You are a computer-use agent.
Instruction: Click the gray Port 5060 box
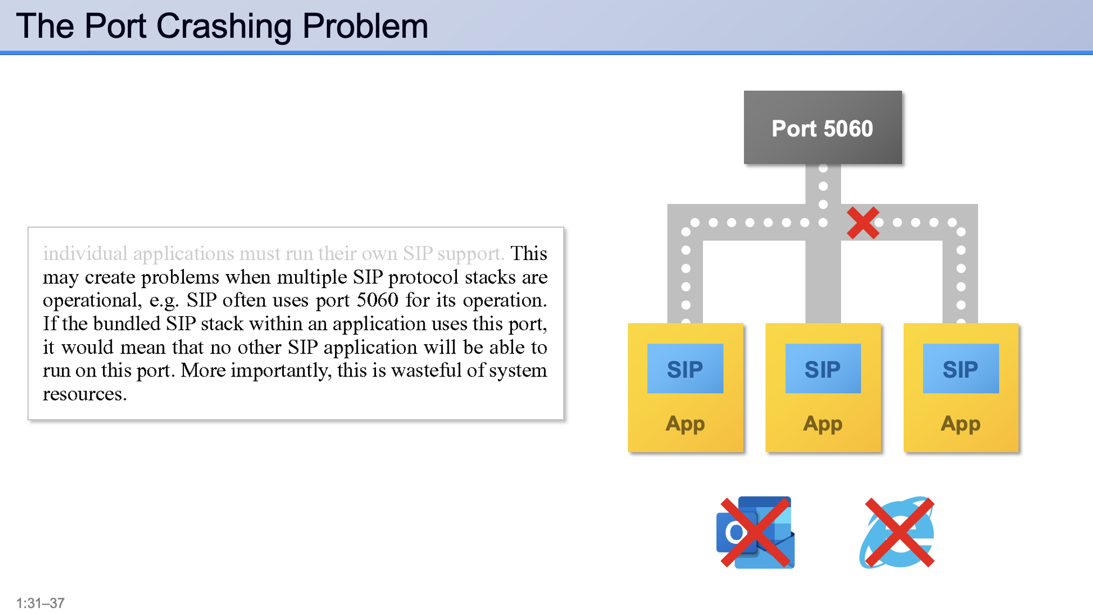822,128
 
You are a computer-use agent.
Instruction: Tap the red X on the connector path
863,223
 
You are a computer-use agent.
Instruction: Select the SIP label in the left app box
685,370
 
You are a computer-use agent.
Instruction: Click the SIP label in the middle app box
822,370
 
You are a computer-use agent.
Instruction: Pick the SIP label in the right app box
960,370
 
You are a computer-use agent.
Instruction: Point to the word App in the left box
685,424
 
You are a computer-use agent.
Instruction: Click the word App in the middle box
823,424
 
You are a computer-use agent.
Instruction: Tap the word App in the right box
960,424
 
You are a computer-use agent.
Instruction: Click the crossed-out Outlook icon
755,533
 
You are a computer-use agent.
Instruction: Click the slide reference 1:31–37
40,603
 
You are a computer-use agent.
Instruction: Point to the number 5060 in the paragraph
378,300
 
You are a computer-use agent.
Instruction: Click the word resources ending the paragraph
84,394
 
